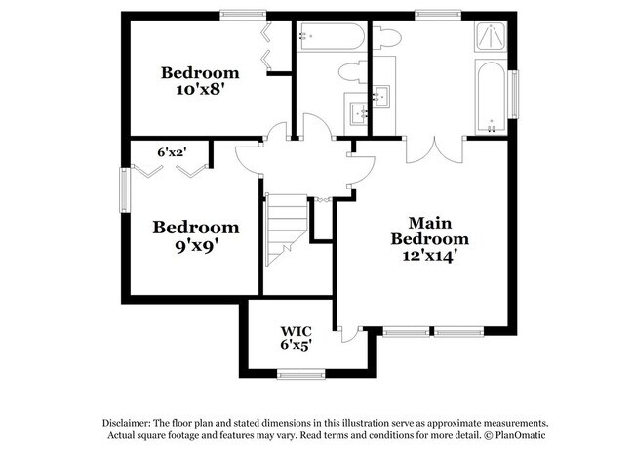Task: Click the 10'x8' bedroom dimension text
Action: (199, 91)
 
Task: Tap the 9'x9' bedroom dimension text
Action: (195, 246)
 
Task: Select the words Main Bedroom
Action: (429, 231)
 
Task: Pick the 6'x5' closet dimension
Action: (296, 345)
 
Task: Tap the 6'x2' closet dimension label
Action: (172, 151)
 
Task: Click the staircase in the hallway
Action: (285, 227)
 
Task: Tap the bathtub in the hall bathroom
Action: (331, 37)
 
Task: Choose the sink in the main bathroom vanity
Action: (380, 96)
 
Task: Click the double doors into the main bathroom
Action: (434, 148)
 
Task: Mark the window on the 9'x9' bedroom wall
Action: (124, 189)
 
